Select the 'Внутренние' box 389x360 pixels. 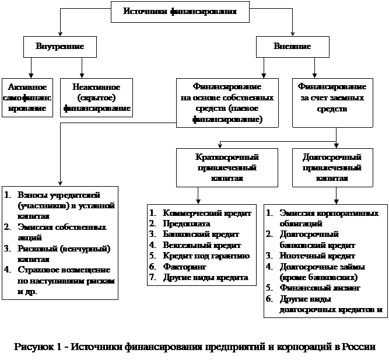(x=60, y=46)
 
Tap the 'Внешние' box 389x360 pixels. (x=292, y=46)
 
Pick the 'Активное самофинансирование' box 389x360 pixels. (x=27, y=97)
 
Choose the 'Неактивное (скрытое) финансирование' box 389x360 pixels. (x=95, y=97)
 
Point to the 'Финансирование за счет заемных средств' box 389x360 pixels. (x=332, y=97)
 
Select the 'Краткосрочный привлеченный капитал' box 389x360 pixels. (x=227, y=167)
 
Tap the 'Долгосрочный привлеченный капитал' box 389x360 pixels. (x=332, y=167)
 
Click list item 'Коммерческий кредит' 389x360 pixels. (x=207, y=213)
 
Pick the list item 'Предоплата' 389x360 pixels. (x=187, y=223)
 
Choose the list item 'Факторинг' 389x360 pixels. (x=185, y=267)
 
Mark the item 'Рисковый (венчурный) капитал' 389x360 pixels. (x=64, y=253)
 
